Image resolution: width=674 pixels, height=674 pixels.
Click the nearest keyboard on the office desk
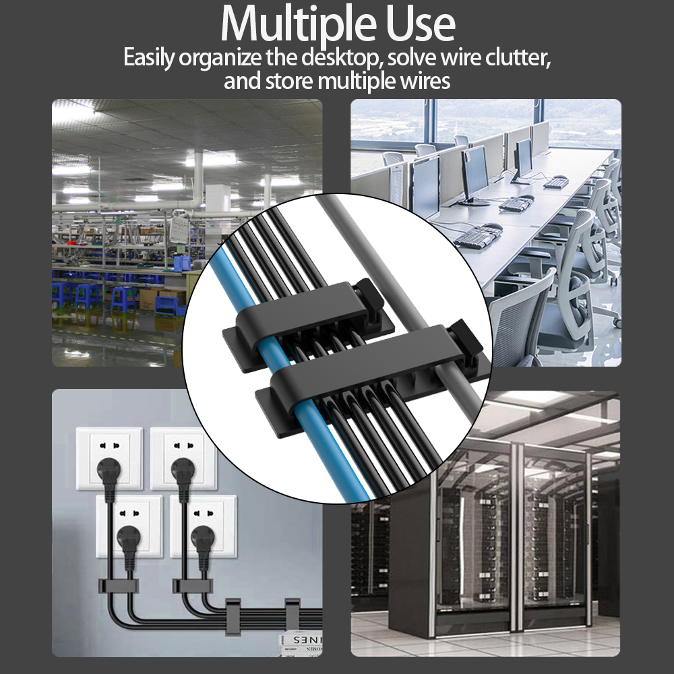[x=477, y=235]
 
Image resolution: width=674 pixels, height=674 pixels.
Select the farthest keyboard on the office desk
[x=556, y=182]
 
